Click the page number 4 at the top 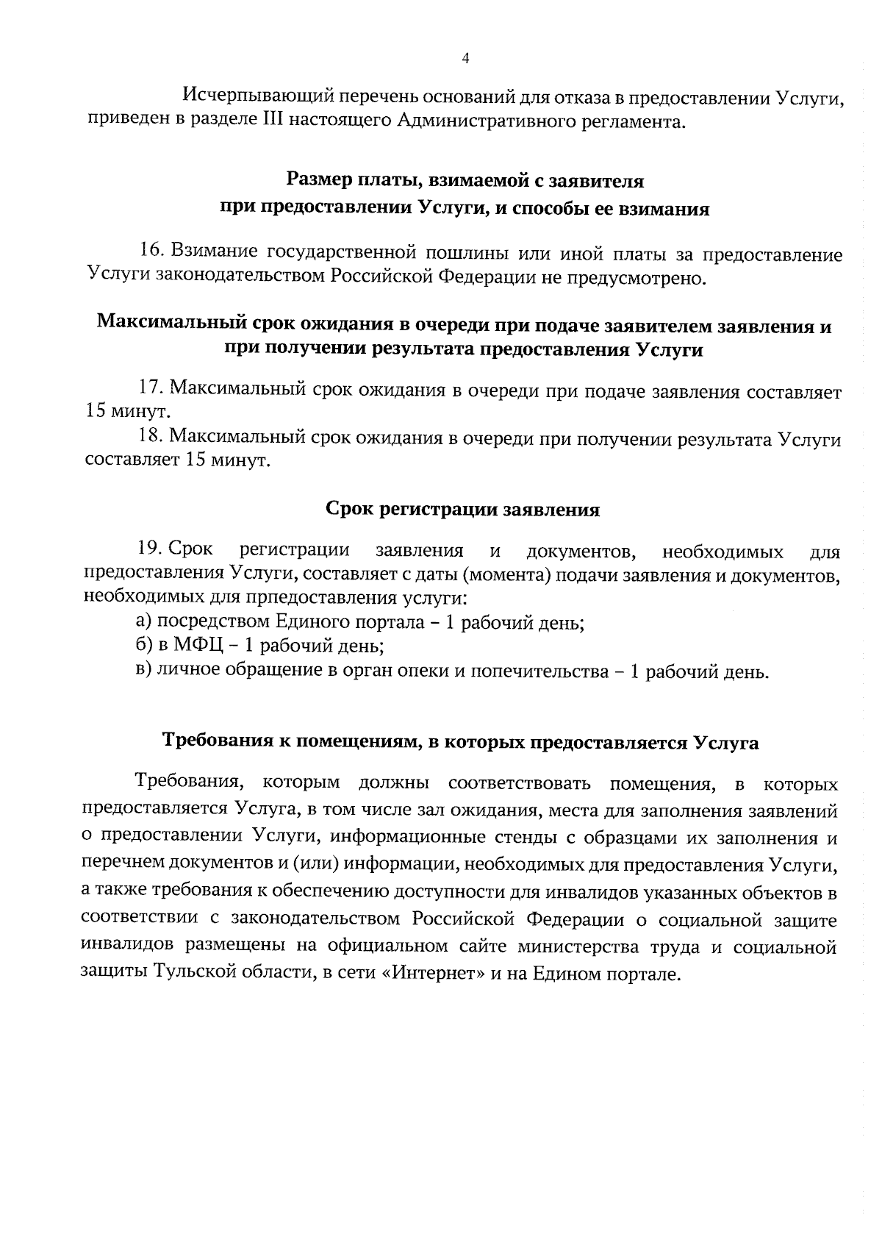(x=464, y=59)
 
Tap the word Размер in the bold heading (x=318, y=179)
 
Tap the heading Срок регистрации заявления (x=462, y=510)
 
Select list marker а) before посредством (x=144, y=622)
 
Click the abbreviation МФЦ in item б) (x=193, y=646)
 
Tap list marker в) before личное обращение (x=144, y=671)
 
